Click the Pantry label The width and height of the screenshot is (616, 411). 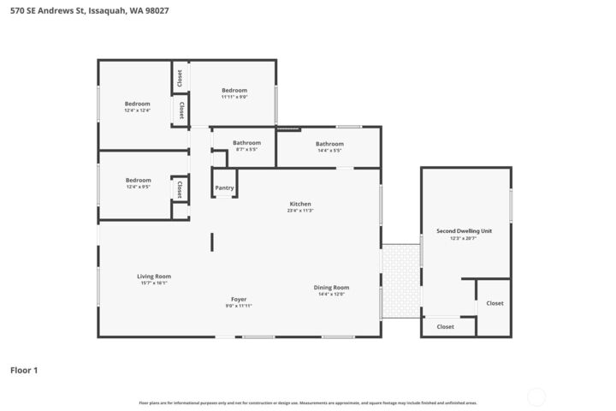(x=224, y=188)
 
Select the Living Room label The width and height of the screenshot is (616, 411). (x=154, y=276)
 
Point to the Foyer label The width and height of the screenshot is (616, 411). (x=239, y=299)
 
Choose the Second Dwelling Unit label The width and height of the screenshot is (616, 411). (x=464, y=231)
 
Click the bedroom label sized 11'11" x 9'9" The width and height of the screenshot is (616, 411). (x=234, y=91)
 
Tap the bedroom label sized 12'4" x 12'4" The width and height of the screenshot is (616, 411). (x=138, y=104)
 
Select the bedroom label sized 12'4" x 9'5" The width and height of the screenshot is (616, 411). (x=138, y=180)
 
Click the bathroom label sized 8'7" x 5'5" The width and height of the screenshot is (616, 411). (x=246, y=143)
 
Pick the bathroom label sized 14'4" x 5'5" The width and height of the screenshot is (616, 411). (x=329, y=144)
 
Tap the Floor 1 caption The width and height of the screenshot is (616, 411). (x=24, y=370)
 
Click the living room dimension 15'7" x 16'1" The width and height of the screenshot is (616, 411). (x=154, y=283)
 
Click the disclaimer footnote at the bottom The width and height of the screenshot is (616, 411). (x=308, y=402)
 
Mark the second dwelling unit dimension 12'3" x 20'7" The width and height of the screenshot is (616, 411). (x=464, y=239)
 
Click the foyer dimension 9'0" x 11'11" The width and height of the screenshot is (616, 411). (x=239, y=306)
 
